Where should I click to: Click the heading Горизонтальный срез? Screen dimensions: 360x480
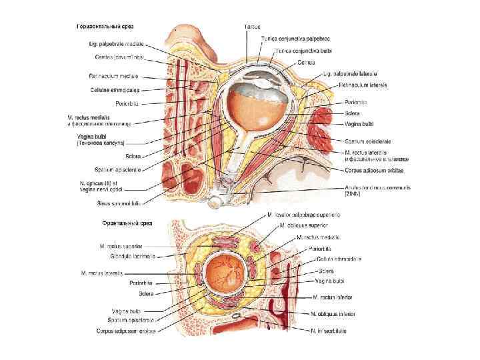tap(105, 26)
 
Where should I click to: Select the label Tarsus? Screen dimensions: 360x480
tap(252, 26)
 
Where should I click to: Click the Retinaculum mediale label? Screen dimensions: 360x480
tap(113, 77)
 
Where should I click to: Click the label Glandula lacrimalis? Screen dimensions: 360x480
tap(129, 255)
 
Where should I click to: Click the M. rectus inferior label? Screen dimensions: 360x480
tap(331, 297)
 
